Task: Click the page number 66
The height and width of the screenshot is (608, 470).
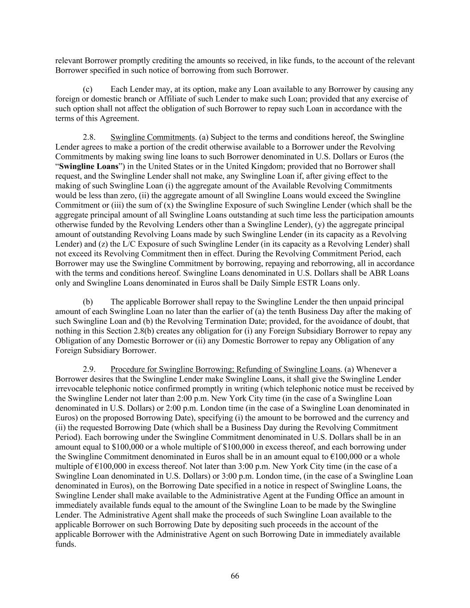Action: click(x=235, y=576)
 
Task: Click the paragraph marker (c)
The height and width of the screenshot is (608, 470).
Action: click(x=87, y=89)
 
